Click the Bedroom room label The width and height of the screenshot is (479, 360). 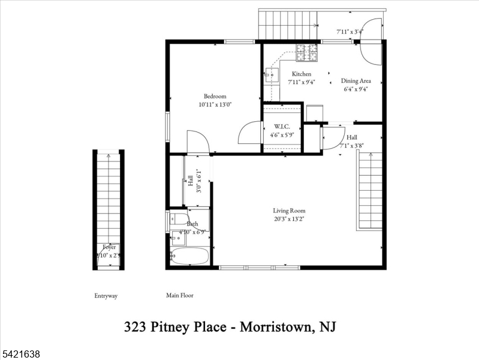[x=215, y=96]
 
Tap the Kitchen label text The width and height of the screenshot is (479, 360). [x=301, y=74]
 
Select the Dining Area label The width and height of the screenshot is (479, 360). [x=356, y=81]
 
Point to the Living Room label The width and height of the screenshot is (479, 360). [x=290, y=211]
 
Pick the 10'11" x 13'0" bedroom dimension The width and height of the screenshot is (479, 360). [x=215, y=104]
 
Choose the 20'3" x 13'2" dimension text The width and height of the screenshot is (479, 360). [x=290, y=219]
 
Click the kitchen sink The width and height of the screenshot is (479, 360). [x=271, y=75]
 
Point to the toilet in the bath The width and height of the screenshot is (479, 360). [x=179, y=220]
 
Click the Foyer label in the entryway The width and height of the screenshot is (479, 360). [x=109, y=247]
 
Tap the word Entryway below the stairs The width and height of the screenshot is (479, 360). [x=106, y=296]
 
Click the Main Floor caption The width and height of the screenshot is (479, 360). [x=180, y=295]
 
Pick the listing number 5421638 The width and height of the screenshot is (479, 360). [x=21, y=355]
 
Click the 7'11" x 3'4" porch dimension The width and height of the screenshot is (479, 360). [x=350, y=31]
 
